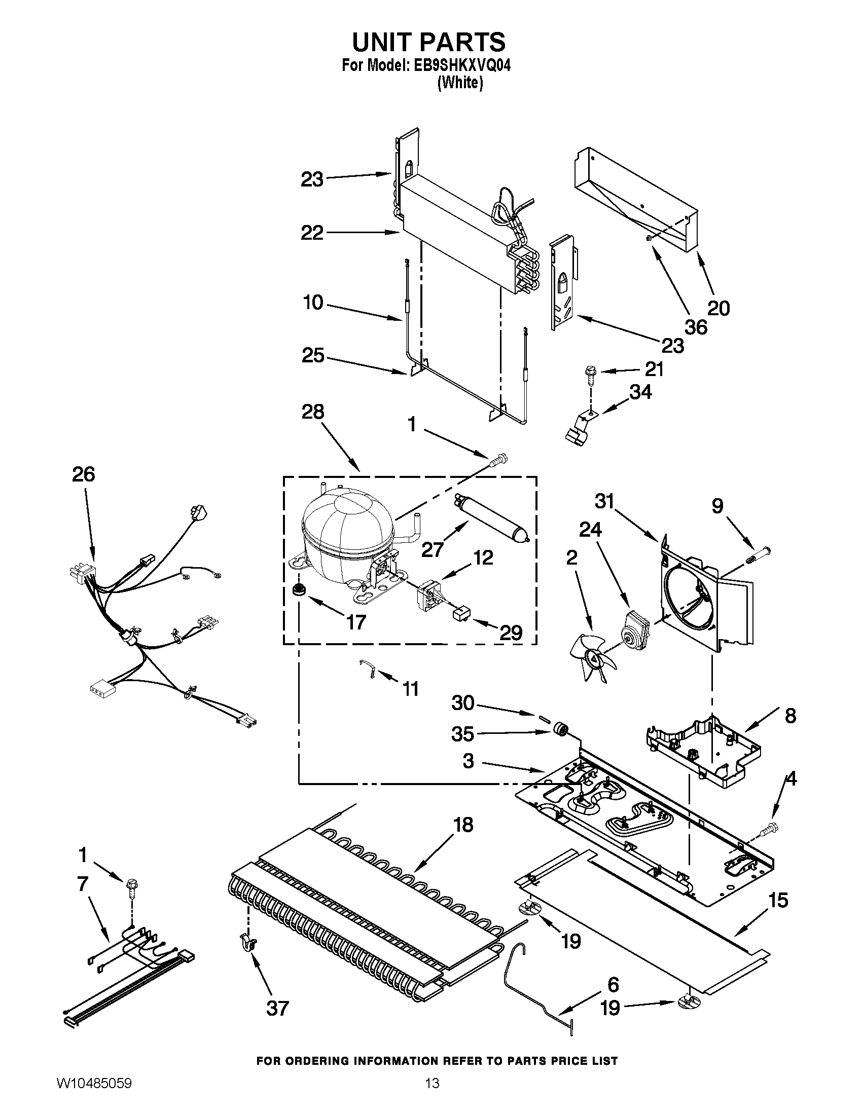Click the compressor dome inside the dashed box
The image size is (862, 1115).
[347, 526]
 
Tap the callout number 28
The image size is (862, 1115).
[312, 412]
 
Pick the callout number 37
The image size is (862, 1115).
[277, 1008]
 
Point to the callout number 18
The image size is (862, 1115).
[463, 825]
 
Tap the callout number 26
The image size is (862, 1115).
[83, 475]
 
